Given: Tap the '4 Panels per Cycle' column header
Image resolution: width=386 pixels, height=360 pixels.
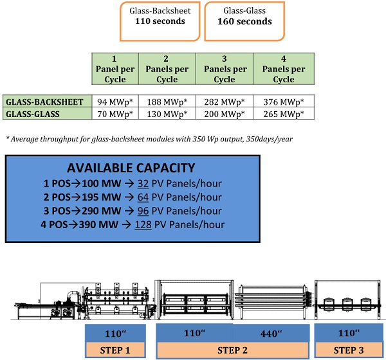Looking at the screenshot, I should pos(283,69).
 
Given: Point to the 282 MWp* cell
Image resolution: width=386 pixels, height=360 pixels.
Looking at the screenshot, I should pos(224,102).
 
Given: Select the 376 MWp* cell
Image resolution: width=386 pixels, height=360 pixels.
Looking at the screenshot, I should pos(284,102).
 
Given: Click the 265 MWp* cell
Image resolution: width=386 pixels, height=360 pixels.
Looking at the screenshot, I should pos(284,114).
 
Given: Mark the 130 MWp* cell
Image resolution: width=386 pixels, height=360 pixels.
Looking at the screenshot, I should pos(166,114).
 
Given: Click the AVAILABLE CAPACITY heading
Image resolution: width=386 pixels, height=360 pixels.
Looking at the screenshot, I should pos(131,168).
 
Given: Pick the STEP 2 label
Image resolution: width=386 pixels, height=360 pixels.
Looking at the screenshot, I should pos(232,351).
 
